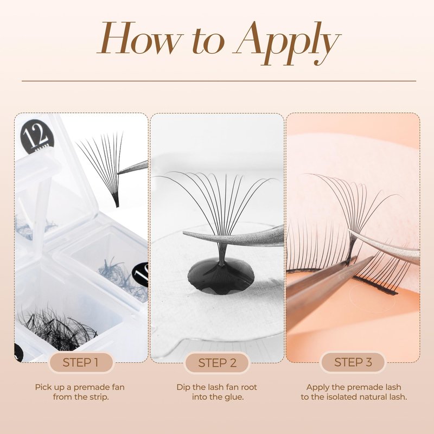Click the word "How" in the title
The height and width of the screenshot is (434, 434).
140,38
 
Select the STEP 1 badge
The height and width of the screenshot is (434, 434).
80,362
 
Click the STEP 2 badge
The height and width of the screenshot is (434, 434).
218,362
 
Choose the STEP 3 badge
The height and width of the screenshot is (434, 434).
353,362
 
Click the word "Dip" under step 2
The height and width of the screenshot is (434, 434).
183,387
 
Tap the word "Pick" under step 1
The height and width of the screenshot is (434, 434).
42,387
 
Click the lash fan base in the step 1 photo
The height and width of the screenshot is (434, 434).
117,202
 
